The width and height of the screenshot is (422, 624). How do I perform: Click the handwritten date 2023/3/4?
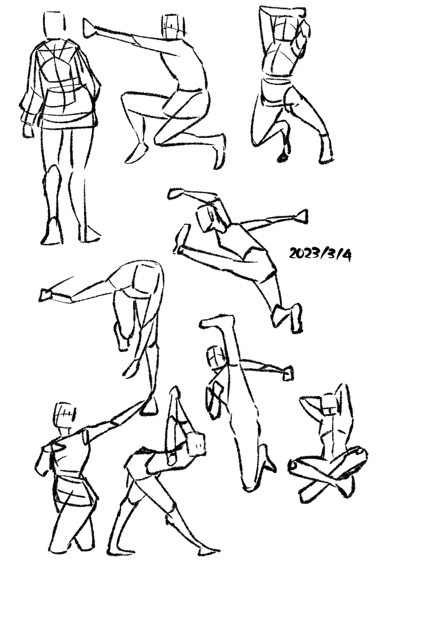pyautogui.click(x=321, y=254)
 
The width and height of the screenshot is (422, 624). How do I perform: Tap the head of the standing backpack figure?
pyautogui.click(x=54, y=25)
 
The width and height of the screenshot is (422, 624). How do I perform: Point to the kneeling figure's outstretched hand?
pyautogui.click(x=90, y=28)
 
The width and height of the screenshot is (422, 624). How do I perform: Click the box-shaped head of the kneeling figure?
pyautogui.click(x=174, y=27)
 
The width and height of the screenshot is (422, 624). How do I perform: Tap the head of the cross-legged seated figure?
pyautogui.click(x=330, y=405)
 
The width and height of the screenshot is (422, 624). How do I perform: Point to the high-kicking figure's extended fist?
pyautogui.click(x=287, y=373)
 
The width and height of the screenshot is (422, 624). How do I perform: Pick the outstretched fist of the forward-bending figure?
pyautogui.click(x=46, y=295)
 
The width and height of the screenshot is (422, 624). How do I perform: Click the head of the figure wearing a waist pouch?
pyautogui.click(x=64, y=415)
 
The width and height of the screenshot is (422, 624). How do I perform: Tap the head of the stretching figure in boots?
pyautogui.click(x=196, y=444)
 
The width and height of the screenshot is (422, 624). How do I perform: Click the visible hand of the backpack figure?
pyautogui.click(x=28, y=131)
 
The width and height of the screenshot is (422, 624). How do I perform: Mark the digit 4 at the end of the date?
pyautogui.click(x=346, y=255)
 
